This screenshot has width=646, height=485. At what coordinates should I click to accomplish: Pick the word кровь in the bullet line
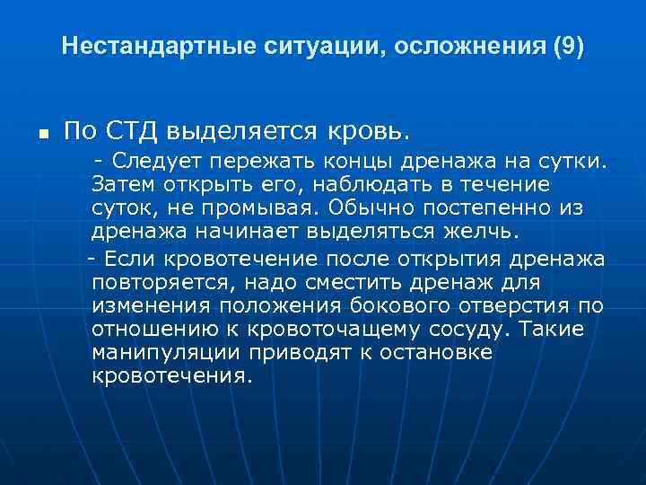pyautogui.click(x=368, y=131)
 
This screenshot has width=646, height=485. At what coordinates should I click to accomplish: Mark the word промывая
pyautogui.click(x=267, y=207)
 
